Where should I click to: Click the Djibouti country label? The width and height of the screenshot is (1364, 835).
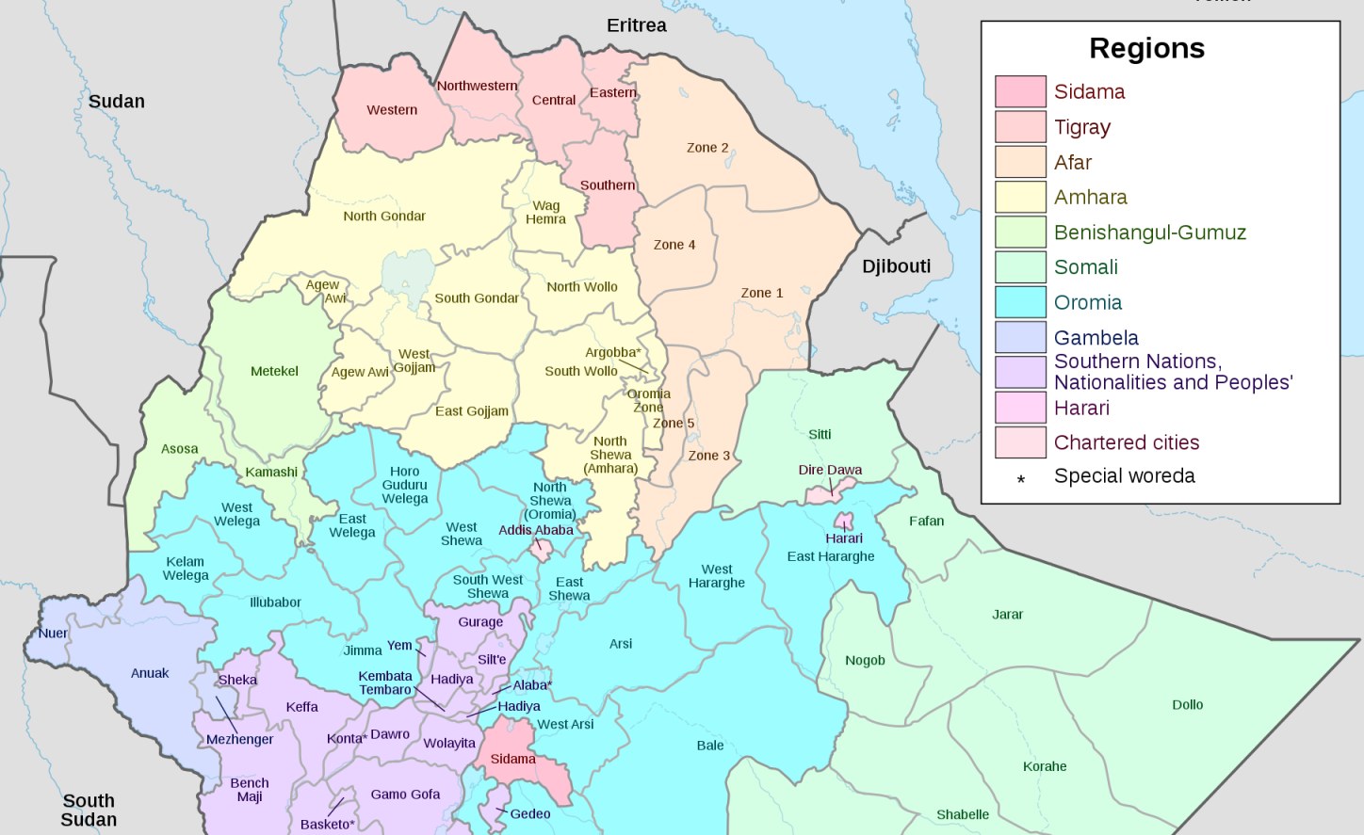point(896,266)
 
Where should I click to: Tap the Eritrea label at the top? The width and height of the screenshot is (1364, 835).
point(636,25)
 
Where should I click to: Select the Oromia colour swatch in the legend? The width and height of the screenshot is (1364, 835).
point(1020,302)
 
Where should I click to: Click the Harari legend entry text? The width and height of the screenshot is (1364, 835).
point(1081,408)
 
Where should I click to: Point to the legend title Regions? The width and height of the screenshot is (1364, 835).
point(1146,48)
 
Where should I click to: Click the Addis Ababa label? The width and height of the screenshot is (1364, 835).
point(535,530)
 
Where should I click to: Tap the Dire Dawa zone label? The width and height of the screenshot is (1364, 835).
point(830,470)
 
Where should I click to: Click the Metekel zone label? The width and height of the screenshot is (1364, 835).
point(274,371)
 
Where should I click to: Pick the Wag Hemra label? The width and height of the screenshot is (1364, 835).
point(545,212)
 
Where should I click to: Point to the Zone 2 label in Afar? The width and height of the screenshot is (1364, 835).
point(707,148)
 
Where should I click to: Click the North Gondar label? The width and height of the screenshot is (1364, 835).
point(383,216)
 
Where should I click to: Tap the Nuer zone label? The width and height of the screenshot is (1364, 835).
point(53,634)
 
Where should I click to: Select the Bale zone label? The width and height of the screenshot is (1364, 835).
point(710,746)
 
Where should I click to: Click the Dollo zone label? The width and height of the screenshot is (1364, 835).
point(1187,704)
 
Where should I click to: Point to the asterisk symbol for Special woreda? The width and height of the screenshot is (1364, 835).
point(1020,480)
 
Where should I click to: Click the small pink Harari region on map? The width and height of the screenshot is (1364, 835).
point(843,521)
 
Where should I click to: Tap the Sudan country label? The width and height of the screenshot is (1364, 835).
point(117,102)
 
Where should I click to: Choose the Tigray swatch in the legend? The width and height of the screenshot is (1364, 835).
point(1020,126)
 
